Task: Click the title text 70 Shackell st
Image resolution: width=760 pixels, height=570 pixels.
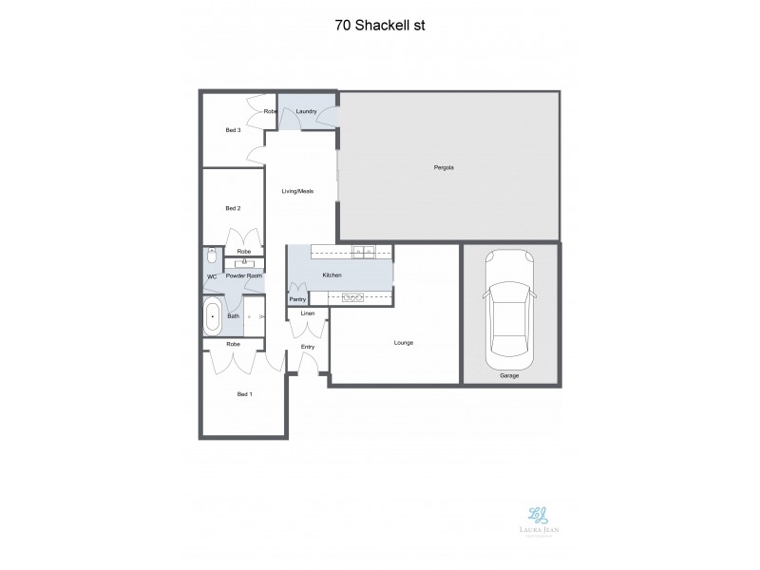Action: click(380, 26)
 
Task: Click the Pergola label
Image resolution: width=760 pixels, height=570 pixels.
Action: click(444, 168)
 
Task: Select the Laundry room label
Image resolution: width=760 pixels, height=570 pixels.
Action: click(306, 112)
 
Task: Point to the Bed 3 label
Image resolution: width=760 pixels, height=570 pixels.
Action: click(233, 130)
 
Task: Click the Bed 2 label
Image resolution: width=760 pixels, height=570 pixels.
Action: click(233, 208)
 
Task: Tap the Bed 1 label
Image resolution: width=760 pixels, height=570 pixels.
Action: click(244, 393)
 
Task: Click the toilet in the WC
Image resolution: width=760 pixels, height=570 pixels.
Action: click(210, 256)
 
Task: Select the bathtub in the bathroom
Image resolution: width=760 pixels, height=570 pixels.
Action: click(213, 315)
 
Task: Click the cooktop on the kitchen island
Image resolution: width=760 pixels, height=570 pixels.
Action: click(352, 298)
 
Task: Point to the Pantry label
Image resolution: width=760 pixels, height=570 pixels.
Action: click(297, 299)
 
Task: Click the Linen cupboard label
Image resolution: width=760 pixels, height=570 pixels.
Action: click(308, 313)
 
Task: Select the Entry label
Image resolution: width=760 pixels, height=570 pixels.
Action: click(308, 347)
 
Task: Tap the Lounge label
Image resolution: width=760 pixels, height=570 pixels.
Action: click(403, 343)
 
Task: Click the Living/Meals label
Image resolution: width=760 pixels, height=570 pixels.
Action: click(297, 191)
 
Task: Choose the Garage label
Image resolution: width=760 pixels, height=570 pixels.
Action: click(509, 376)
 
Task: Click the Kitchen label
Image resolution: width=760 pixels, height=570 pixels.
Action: click(332, 275)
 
